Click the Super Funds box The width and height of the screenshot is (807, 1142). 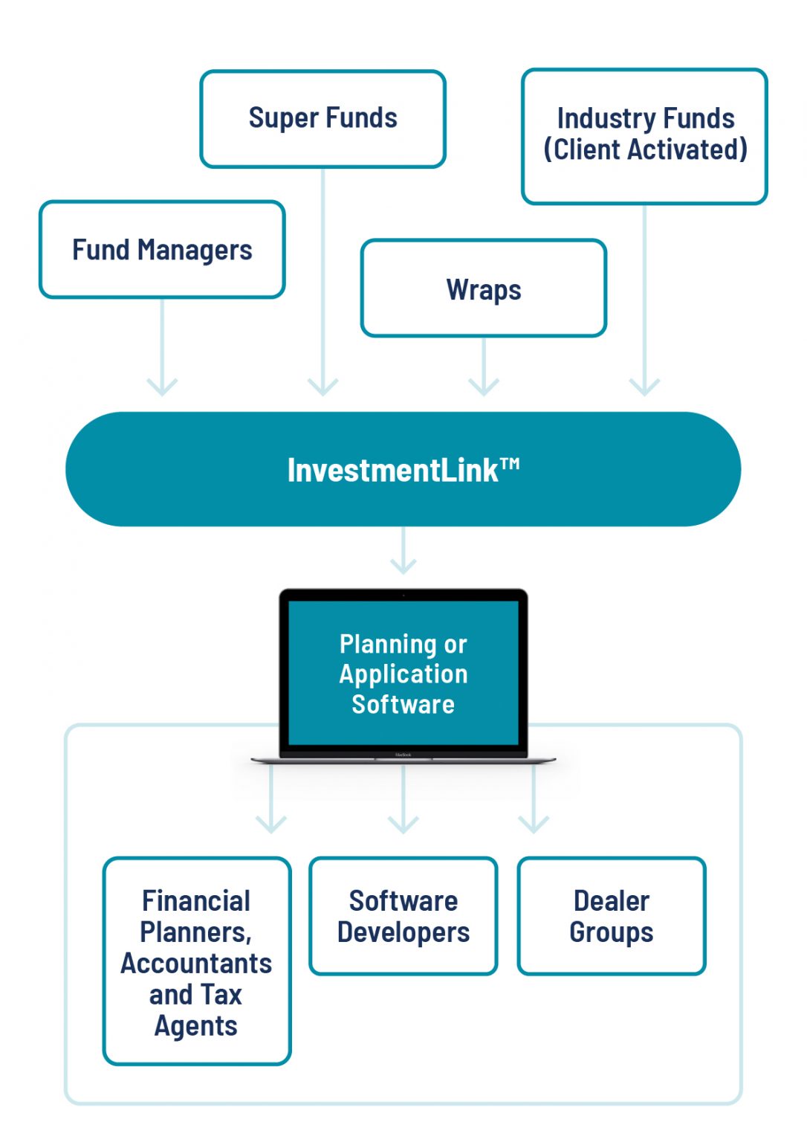pyautogui.click(x=323, y=119)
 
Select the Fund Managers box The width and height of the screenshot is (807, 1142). pyautogui.click(x=162, y=250)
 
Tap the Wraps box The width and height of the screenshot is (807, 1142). pyautogui.click(x=484, y=288)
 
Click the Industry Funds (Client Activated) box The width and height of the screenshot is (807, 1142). pyautogui.click(x=644, y=135)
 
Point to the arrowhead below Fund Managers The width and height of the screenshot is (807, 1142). pyautogui.click(x=162, y=386)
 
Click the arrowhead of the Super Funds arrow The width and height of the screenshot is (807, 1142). pyautogui.click(x=323, y=386)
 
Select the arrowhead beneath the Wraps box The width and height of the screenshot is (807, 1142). pyautogui.click(x=484, y=386)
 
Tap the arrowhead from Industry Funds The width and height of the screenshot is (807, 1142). pyautogui.click(x=644, y=386)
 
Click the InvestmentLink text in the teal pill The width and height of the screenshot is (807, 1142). pyautogui.click(x=392, y=471)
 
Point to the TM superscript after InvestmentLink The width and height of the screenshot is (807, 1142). pyautogui.click(x=510, y=464)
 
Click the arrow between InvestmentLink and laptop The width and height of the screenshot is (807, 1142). pyautogui.click(x=403, y=553)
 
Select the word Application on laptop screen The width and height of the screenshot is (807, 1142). pyautogui.click(x=403, y=674)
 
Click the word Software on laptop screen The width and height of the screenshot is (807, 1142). pyautogui.click(x=403, y=705)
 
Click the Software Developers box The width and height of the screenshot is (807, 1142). pyautogui.click(x=403, y=916)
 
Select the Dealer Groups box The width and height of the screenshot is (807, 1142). pyautogui.click(x=612, y=916)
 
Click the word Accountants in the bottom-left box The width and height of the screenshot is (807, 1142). pyautogui.click(x=196, y=964)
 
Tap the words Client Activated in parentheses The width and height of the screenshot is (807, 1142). pyautogui.click(x=645, y=150)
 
